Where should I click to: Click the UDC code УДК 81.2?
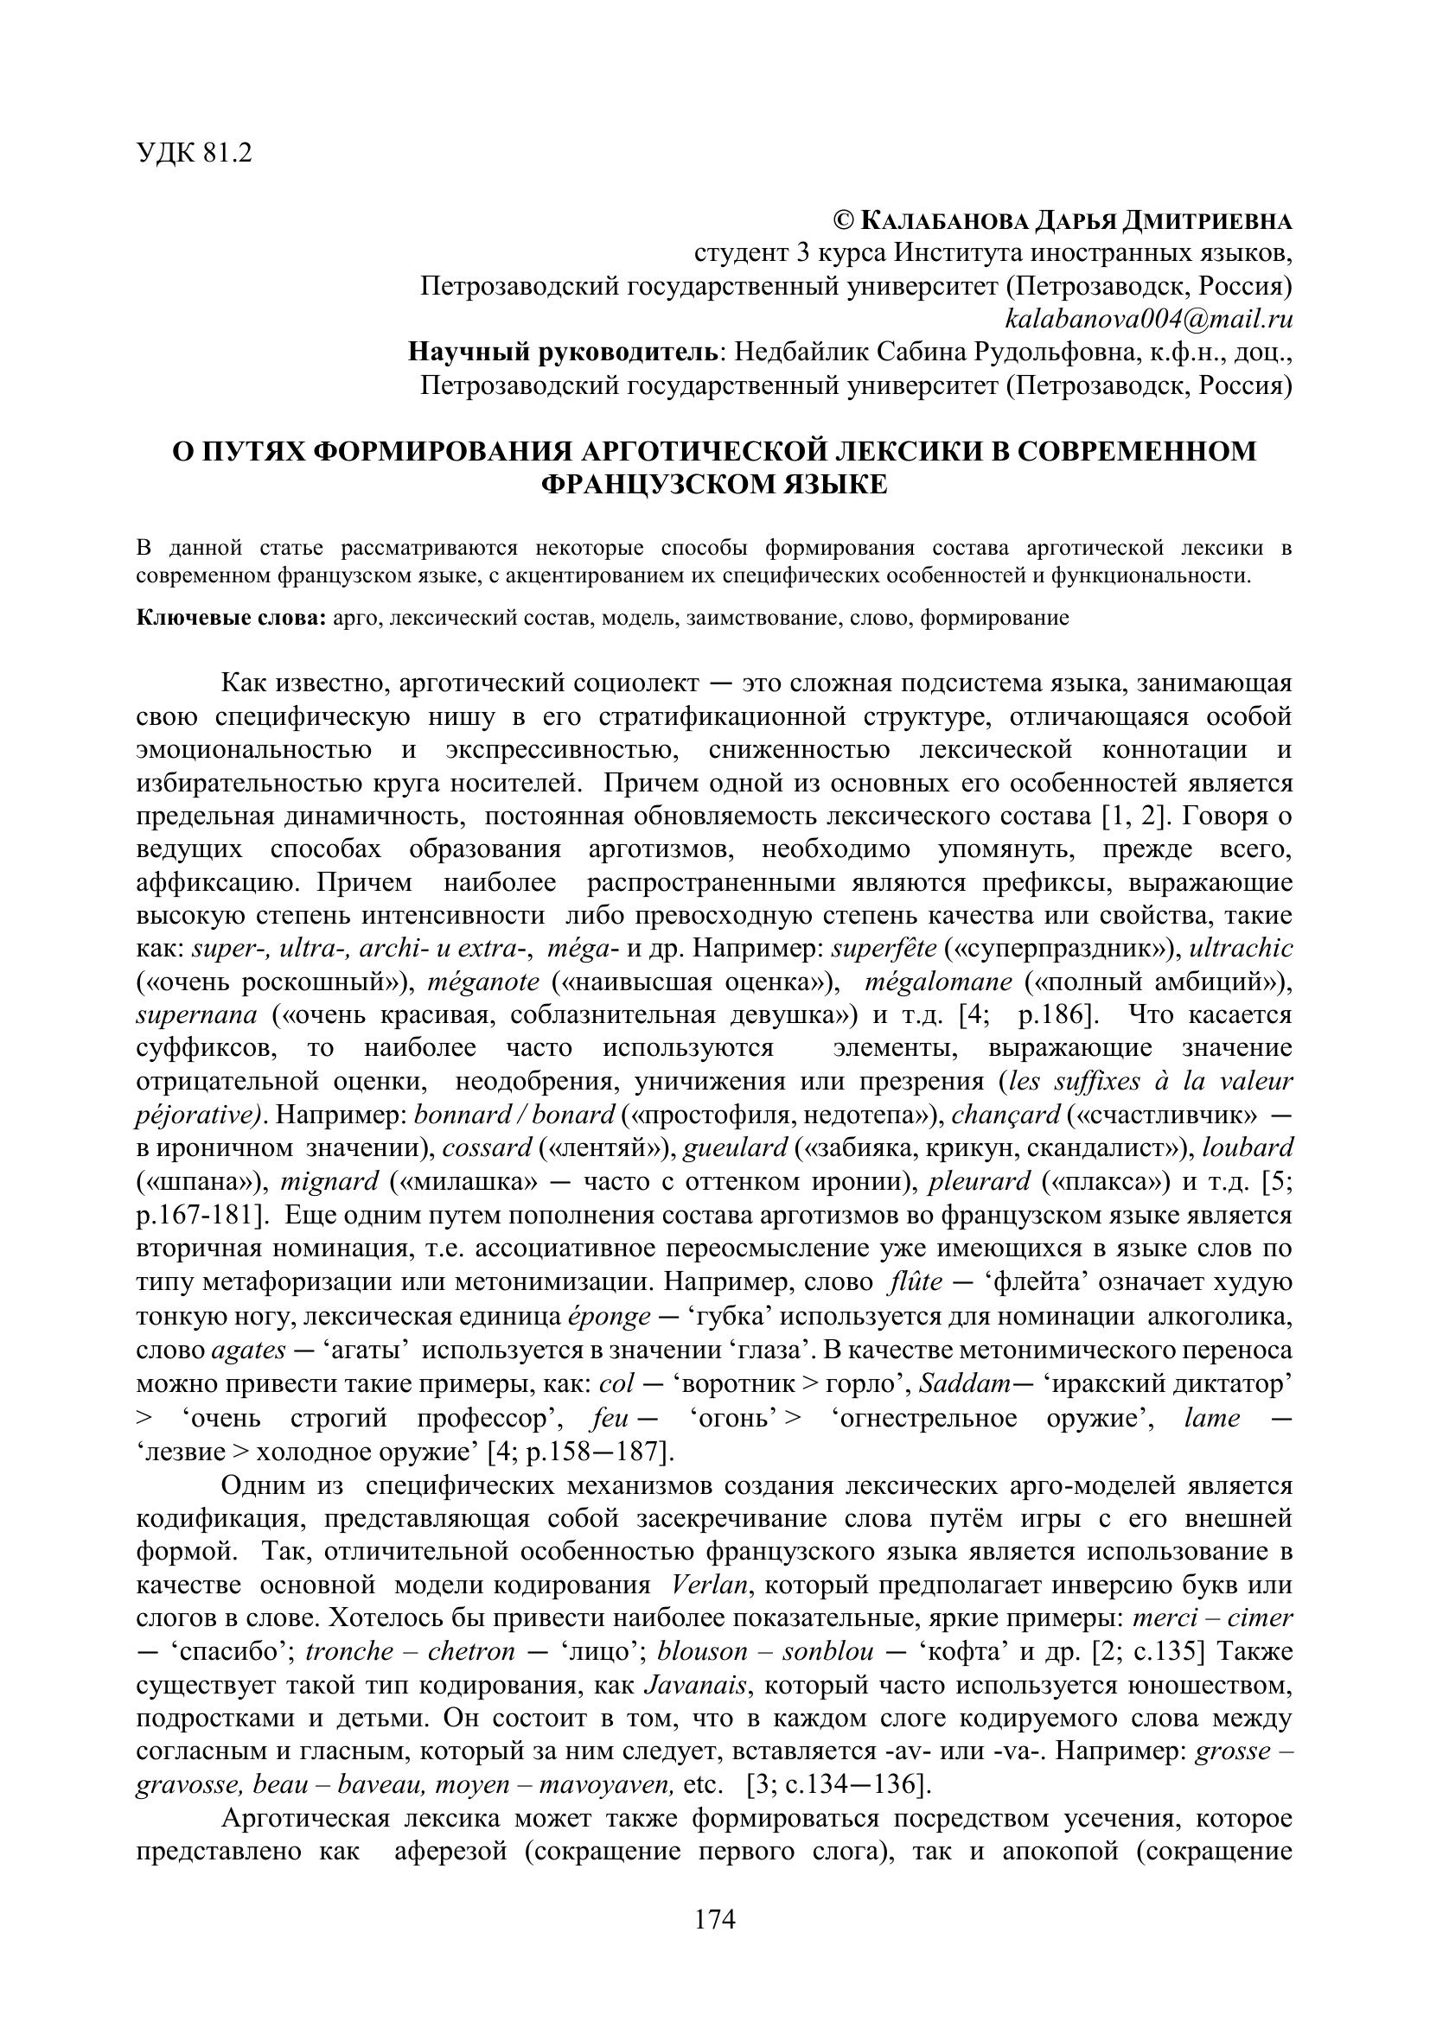[x=194, y=153]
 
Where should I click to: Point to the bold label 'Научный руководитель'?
[x=564, y=352]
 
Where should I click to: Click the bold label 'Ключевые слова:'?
[x=231, y=617]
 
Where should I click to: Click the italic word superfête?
[x=884, y=948]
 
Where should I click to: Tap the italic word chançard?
[x=1005, y=1115]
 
